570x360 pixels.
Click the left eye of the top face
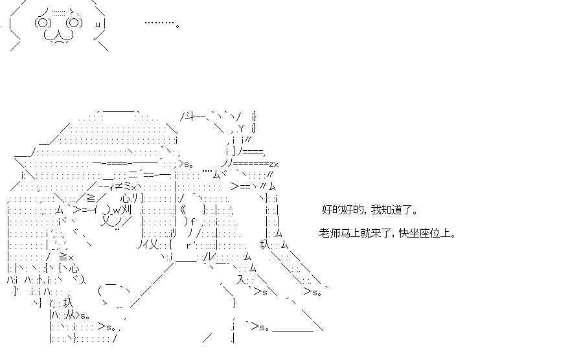(x=43, y=23)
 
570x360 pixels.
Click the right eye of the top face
(x=74, y=23)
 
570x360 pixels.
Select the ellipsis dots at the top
(x=159, y=23)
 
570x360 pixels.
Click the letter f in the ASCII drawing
(x=192, y=221)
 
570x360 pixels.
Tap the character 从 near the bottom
(x=71, y=315)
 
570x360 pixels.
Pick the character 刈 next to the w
(x=128, y=210)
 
